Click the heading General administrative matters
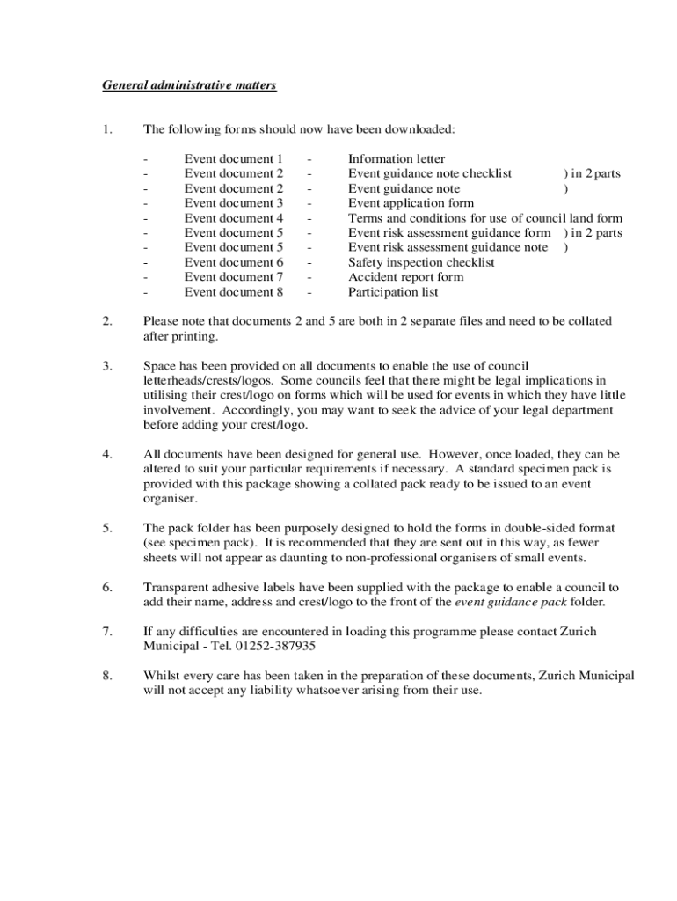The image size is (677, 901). [x=189, y=85]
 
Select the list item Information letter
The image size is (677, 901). [x=397, y=159]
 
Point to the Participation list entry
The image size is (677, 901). [x=393, y=292]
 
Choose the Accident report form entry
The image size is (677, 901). [x=405, y=277]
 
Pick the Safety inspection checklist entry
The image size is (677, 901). [x=421, y=262]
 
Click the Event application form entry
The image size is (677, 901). [x=411, y=203]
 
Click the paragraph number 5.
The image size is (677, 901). [x=106, y=528]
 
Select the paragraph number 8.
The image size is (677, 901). [x=106, y=676]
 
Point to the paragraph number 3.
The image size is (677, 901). [x=106, y=365]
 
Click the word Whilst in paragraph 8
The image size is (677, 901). [x=163, y=676]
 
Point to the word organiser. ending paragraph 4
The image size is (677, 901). [x=171, y=498]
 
